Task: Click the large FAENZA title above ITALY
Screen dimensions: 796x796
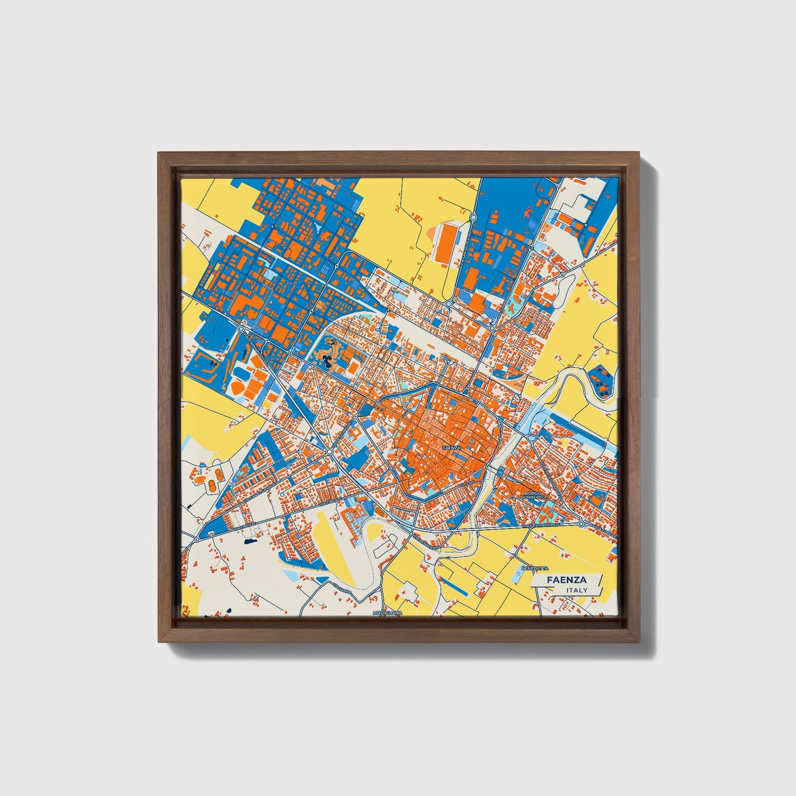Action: pyautogui.click(x=566, y=580)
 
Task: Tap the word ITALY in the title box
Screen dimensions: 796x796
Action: pyautogui.click(x=576, y=591)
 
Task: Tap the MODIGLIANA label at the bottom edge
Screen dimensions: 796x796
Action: pyautogui.click(x=387, y=613)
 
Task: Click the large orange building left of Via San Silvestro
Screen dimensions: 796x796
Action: pyautogui.click(x=447, y=242)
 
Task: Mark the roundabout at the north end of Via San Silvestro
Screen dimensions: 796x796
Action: pyautogui.click(x=473, y=218)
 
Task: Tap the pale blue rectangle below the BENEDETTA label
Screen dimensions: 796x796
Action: pyautogui.click(x=523, y=576)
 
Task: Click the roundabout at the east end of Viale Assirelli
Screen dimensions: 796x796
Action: pyautogui.click(x=582, y=524)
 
